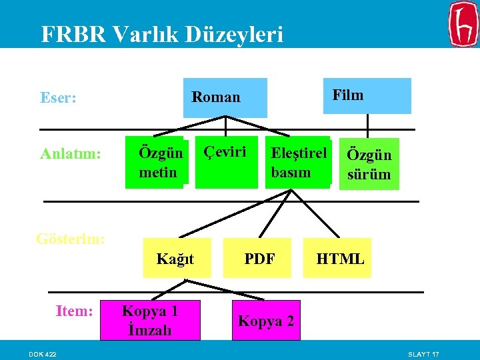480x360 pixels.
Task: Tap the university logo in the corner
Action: [x=463, y=24]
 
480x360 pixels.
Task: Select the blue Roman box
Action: [x=225, y=97]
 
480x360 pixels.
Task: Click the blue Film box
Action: [x=373, y=95]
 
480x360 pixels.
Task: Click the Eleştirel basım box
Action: [x=297, y=163]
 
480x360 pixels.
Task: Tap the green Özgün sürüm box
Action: [x=369, y=165]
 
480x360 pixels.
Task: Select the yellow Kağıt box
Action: [x=175, y=258]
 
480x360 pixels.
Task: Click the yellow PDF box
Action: [x=259, y=258]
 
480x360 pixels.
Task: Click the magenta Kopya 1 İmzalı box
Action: [x=149, y=320]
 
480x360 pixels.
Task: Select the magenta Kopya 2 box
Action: [x=266, y=321]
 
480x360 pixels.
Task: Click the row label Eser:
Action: [x=58, y=98]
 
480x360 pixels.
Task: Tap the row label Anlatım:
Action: [x=71, y=154]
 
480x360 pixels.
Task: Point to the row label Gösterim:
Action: [x=70, y=238]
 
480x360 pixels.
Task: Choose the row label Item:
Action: [x=74, y=310]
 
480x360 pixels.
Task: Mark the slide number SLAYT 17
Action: [x=423, y=353]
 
